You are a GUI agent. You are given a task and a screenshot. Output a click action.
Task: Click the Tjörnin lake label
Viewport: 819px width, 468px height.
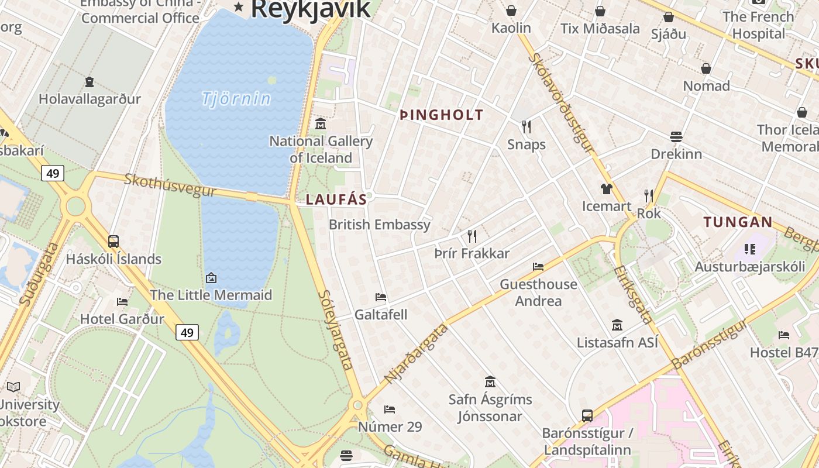point(236,98)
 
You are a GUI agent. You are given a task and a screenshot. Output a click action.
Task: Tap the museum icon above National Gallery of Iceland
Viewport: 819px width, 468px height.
point(321,124)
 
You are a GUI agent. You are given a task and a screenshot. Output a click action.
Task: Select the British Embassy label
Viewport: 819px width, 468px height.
point(380,225)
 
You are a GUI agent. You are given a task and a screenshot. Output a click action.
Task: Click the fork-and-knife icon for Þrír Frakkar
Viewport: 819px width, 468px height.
point(472,236)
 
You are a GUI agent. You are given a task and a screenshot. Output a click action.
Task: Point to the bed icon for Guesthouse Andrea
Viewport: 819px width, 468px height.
point(538,267)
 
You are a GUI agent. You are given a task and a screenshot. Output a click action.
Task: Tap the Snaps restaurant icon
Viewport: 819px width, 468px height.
point(526,127)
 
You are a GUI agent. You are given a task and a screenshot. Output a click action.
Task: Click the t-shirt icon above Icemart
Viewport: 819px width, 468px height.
point(607,188)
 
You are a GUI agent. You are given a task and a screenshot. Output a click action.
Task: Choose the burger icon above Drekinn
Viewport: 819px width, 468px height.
point(676,137)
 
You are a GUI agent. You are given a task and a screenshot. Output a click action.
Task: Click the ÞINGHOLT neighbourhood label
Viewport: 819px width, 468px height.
point(442,115)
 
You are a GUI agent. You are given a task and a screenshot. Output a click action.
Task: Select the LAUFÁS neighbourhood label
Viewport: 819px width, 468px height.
point(336,199)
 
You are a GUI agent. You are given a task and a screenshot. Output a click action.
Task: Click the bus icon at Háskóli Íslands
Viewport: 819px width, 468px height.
point(113,241)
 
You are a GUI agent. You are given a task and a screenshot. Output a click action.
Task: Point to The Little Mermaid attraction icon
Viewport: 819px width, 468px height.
point(211,278)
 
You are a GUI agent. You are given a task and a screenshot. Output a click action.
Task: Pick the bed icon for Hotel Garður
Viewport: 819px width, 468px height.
point(122,302)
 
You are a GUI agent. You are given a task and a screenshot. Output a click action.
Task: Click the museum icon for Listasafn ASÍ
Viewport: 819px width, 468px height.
point(617,325)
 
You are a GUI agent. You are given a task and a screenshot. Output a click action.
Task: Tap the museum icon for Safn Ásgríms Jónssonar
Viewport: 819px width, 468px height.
point(490,382)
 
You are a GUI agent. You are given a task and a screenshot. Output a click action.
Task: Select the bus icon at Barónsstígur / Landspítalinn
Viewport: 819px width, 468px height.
point(587,416)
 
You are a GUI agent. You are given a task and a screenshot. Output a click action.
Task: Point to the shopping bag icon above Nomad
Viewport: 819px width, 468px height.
point(706,68)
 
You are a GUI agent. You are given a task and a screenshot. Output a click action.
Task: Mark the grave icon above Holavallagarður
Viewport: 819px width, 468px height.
point(90,82)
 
